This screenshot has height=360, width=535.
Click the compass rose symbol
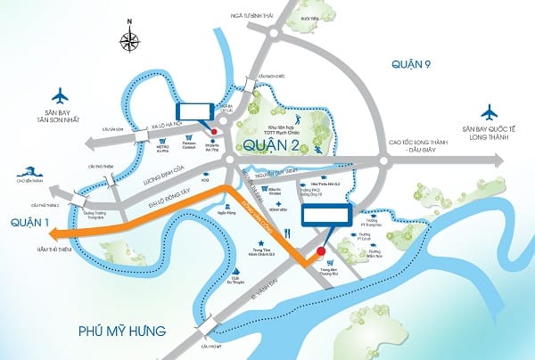tap(132, 40)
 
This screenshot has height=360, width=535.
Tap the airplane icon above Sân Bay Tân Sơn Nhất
tap(61, 94)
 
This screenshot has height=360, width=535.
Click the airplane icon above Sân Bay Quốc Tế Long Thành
tap(488, 113)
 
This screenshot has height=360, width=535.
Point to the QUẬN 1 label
tap(22, 222)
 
